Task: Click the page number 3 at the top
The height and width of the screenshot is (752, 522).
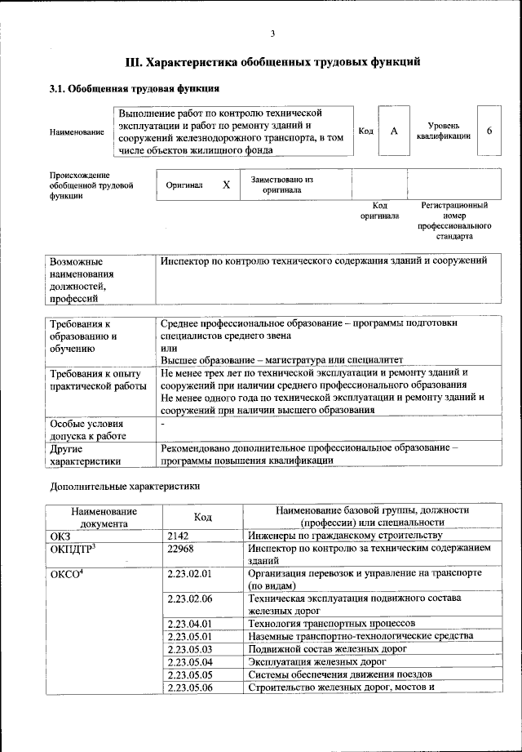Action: (x=272, y=33)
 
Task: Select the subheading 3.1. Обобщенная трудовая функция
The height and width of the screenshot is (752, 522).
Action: (x=134, y=88)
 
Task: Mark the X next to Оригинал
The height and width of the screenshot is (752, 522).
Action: (x=226, y=185)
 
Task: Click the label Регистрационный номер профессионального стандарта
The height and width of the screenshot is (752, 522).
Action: (x=453, y=220)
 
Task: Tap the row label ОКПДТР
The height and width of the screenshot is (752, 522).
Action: (x=74, y=550)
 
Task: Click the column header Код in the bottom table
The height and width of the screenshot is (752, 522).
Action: (x=203, y=517)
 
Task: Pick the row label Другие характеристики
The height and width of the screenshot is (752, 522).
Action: (x=86, y=455)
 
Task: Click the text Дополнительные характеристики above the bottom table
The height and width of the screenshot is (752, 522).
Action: (x=124, y=487)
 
